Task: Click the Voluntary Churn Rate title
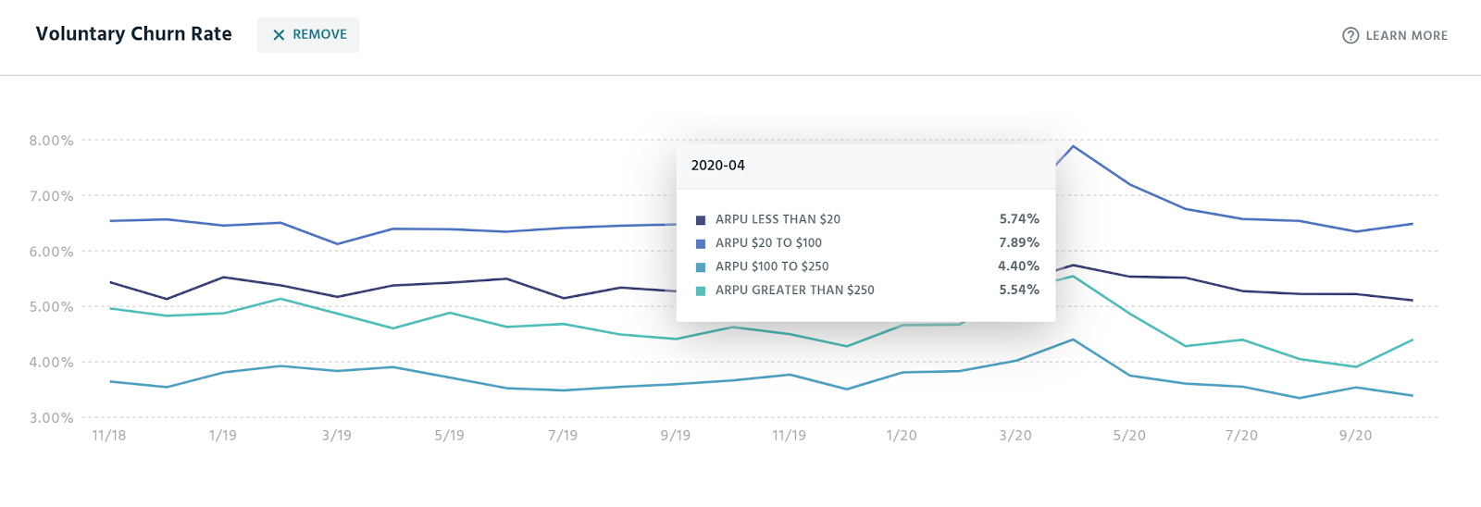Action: [x=133, y=34]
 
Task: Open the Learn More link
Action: [x=1406, y=36]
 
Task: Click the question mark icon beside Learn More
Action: [x=1350, y=36]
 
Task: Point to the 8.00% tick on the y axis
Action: [x=51, y=141]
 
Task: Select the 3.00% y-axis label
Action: [x=51, y=418]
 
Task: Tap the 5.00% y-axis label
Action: [x=51, y=307]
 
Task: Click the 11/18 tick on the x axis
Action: [x=109, y=436]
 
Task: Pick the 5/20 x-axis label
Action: [x=1129, y=436]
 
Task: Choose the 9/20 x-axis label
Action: [x=1355, y=436]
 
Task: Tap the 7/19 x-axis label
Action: [x=563, y=436]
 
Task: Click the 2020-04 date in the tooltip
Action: [x=717, y=166]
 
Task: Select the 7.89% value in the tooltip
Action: [x=1018, y=242]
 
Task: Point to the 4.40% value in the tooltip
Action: [x=1018, y=266]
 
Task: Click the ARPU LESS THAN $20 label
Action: [x=778, y=219]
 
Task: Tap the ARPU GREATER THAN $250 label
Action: [x=794, y=291]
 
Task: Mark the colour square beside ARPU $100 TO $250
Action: [x=701, y=267]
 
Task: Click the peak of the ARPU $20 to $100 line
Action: [x=1073, y=146]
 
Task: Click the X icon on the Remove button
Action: [x=279, y=35]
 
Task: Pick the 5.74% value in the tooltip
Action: [x=1018, y=219]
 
